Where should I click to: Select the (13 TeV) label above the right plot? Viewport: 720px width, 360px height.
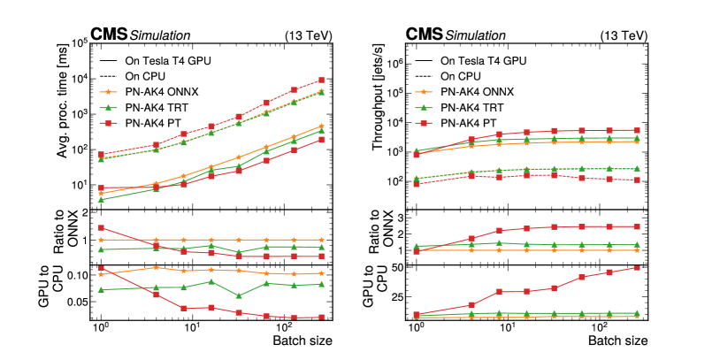pyautogui.click(x=621, y=35)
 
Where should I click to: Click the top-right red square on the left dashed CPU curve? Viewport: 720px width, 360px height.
pyautogui.click(x=321, y=80)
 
